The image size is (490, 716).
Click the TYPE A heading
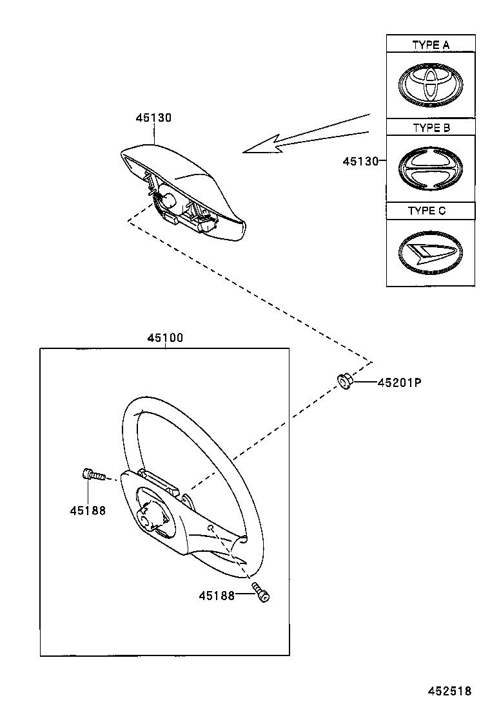coord(431,45)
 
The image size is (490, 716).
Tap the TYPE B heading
coord(431,127)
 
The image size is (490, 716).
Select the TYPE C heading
coord(426,211)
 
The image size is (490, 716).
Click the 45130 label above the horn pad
coord(153,118)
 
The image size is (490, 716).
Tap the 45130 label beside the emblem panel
coord(360,161)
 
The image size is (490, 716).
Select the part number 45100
coord(164,338)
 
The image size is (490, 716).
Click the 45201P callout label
coord(399,382)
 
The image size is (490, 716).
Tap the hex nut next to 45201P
coord(344,382)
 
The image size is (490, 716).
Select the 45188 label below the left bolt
coord(88,511)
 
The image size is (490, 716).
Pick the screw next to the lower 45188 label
coord(261,592)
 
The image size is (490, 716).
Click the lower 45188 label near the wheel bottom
coord(216,596)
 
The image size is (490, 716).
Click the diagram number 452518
coord(449,692)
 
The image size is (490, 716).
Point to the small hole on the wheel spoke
coord(211,527)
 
